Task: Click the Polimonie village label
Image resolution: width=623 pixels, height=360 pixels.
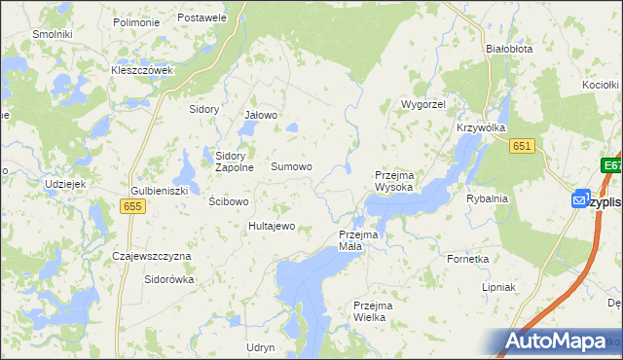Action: [x=136, y=21]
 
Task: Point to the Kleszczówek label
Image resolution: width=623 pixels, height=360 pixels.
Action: [x=142, y=70]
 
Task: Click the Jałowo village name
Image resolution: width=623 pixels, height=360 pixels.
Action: [x=261, y=116]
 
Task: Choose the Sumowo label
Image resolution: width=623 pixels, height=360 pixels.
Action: [x=291, y=167]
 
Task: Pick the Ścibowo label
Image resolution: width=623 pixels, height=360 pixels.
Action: [x=230, y=201]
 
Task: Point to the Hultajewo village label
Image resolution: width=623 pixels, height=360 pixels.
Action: [x=272, y=226]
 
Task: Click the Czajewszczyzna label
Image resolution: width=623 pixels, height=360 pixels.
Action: [x=152, y=256]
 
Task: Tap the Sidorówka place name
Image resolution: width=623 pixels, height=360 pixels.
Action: [x=169, y=279]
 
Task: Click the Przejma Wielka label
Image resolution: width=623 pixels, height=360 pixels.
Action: [x=370, y=311]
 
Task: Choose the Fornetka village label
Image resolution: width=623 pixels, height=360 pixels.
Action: [x=467, y=260]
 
